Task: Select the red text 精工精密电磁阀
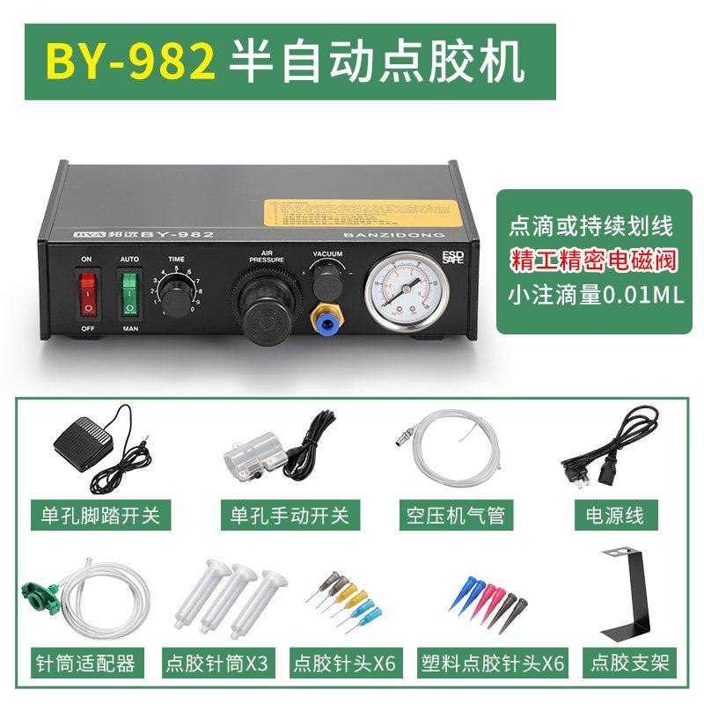pyautogui.click(x=590, y=260)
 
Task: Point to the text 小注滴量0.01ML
pyautogui.click(x=590, y=294)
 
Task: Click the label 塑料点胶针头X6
pyautogui.click(x=493, y=662)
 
